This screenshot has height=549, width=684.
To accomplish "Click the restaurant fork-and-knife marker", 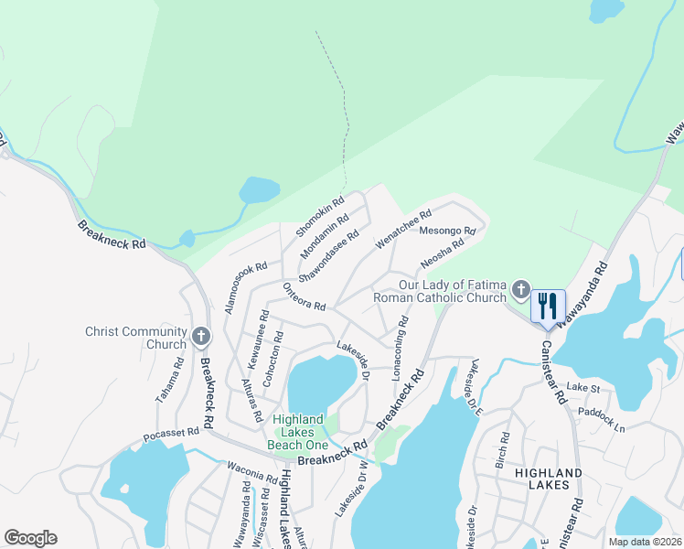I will (x=548, y=307).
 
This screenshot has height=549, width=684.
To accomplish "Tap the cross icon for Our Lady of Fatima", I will (x=520, y=290).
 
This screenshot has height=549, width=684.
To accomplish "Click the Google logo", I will (x=30, y=538).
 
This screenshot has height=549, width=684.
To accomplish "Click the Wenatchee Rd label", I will (x=403, y=231).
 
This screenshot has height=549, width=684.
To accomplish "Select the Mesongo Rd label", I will (x=447, y=231).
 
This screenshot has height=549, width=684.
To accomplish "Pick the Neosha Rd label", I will (x=443, y=253).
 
